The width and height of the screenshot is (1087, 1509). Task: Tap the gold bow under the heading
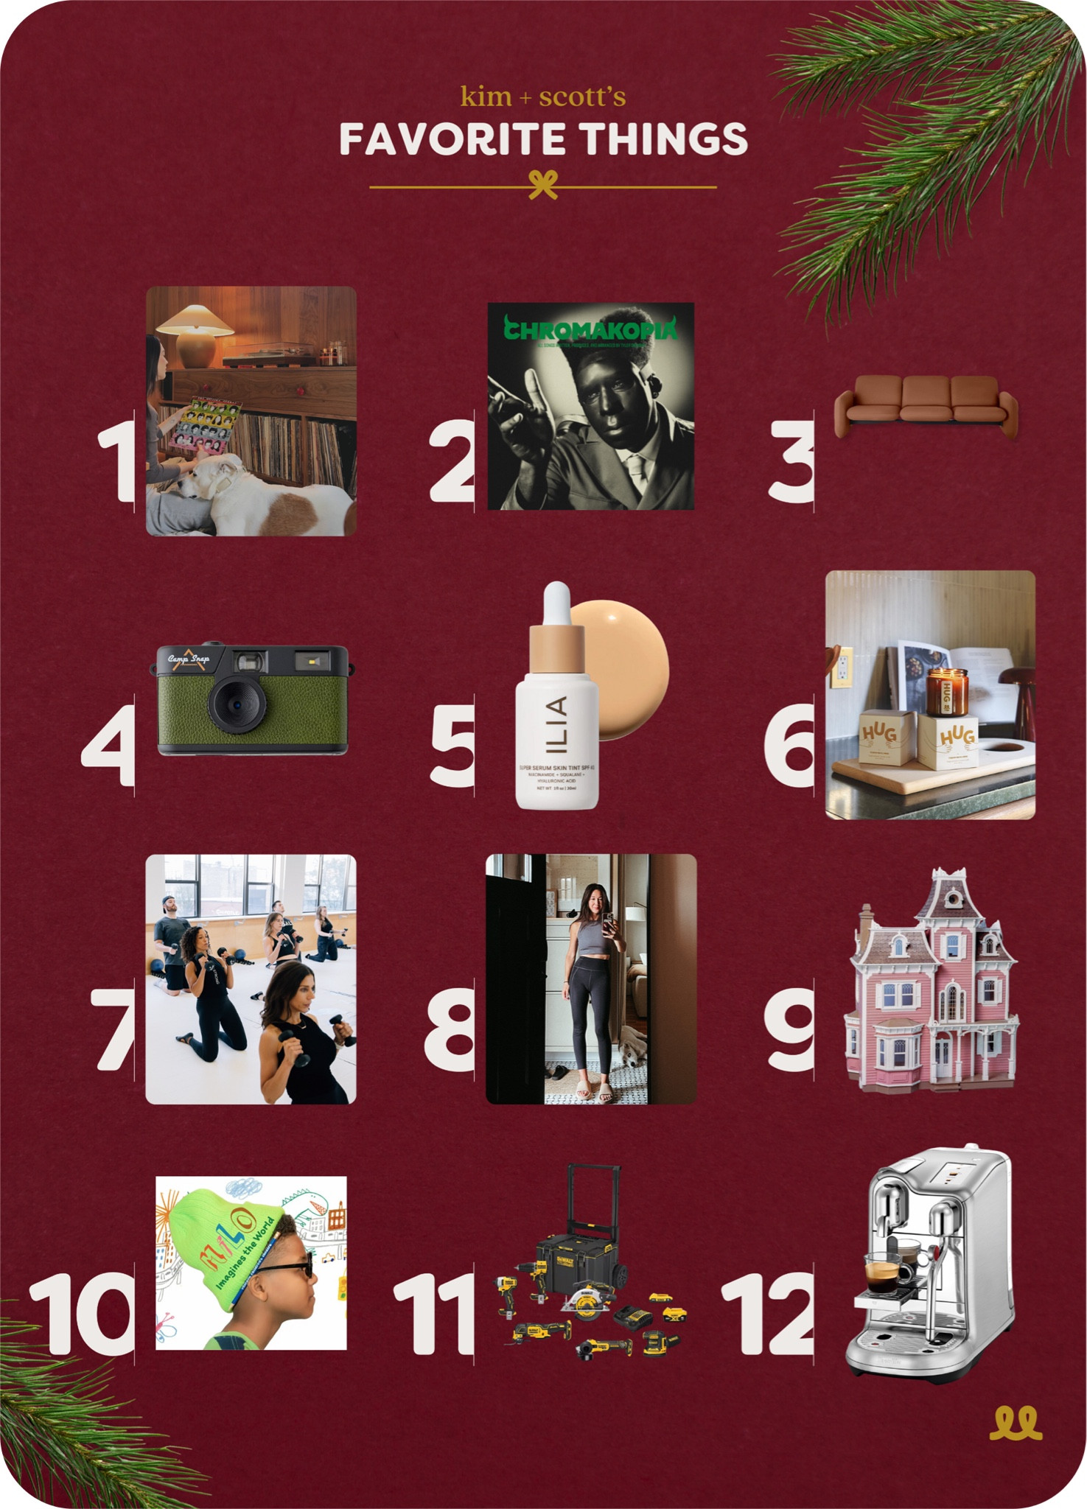pyautogui.click(x=543, y=184)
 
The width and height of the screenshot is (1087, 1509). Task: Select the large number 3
pyautogui.click(x=790, y=463)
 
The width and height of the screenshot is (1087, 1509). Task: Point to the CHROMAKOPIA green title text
pyautogui.click(x=590, y=329)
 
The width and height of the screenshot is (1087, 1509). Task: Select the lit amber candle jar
pyautogui.click(x=947, y=693)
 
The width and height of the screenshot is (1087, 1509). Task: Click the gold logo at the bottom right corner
pyautogui.click(x=1016, y=1423)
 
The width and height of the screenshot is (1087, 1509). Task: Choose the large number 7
pyautogui.click(x=114, y=1029)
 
